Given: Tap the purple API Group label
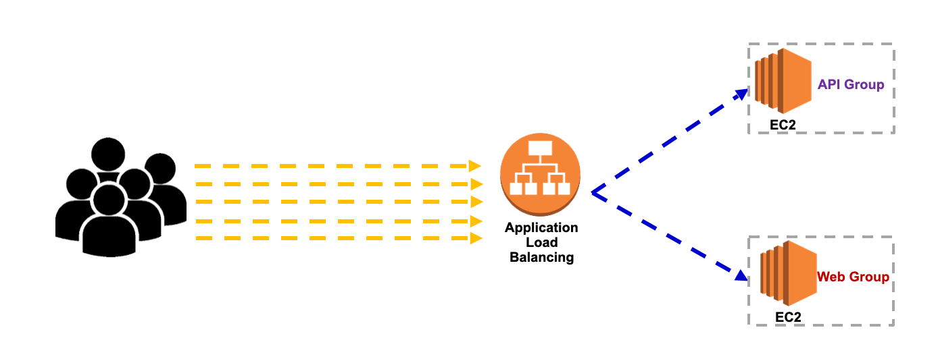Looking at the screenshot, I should tap(851, 84).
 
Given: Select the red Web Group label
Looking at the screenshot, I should tap(853, 277).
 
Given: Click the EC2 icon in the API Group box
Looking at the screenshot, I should tap(783, 80).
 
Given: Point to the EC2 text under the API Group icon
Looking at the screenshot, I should tap(784, 125).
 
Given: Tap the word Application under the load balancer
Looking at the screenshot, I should tap(541, 227).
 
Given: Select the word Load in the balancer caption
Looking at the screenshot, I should tap(541, 242).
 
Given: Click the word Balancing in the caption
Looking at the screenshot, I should tap(541, 257).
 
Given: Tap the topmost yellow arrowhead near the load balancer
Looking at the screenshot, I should tap(476, 165).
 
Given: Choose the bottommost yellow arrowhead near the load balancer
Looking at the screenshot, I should tap(476, 238).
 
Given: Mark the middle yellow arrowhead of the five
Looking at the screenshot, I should tap(476, 202).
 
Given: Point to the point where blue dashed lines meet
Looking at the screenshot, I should tap(592, 193).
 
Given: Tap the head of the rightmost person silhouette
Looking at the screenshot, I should tap(160, 171).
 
